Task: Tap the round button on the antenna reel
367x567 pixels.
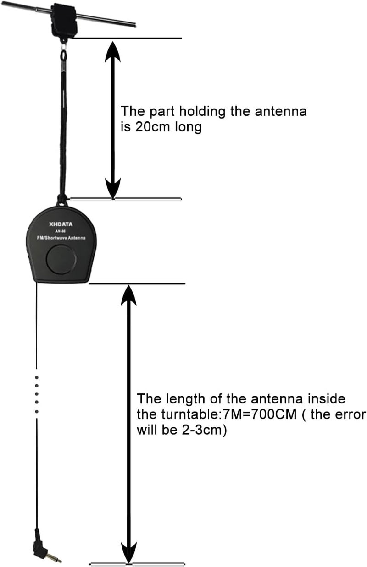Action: click(61, 260)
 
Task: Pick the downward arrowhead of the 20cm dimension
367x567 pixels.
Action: click(113, 188)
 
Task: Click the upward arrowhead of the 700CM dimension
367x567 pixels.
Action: click(129, 295)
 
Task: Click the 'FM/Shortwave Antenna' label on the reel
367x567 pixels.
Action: click(62, 239)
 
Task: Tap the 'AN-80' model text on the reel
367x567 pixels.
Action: click(61, 231)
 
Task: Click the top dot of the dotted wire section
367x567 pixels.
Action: click(36, 377)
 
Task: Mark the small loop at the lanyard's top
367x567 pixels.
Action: click(63, 56)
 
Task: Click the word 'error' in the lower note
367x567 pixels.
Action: click(348, 414)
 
